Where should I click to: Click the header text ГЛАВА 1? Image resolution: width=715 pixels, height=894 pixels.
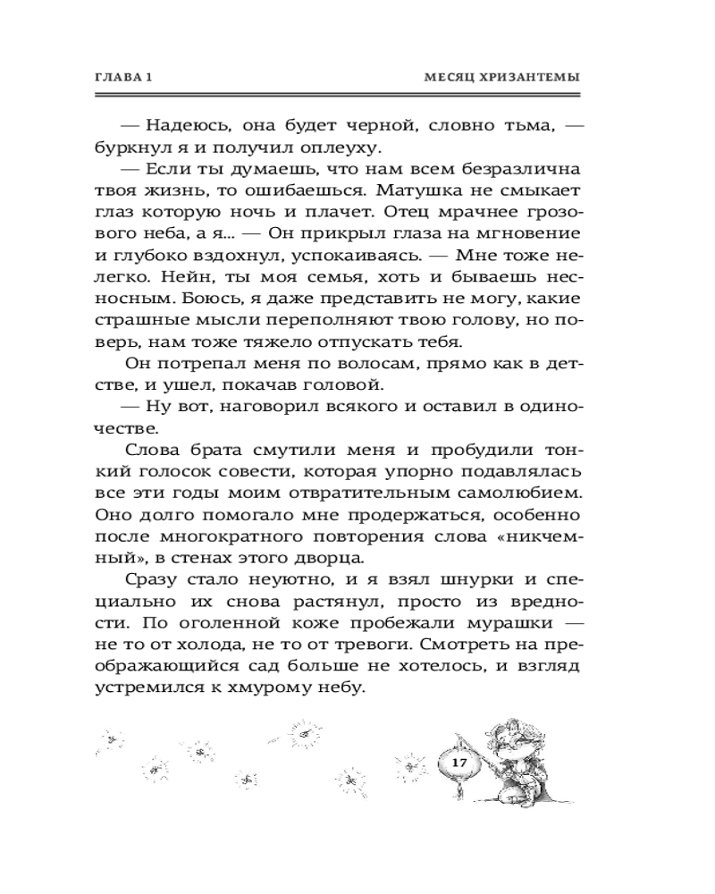coord(125,79)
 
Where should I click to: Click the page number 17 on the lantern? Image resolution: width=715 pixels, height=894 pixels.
coord(459,762)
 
